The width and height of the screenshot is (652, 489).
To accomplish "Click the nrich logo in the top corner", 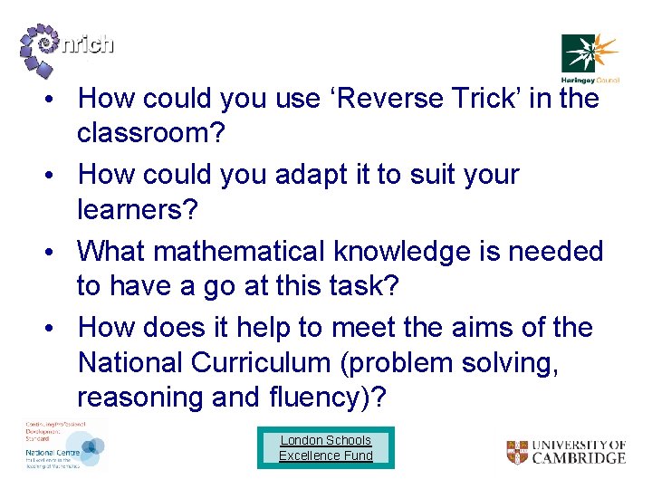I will (x=65, y=46).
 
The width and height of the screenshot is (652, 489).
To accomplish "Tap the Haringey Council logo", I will (x=590, y=56).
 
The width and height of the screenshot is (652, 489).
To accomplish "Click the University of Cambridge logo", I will (x=566, y=452).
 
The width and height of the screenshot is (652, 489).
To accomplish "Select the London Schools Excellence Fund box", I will (x=326, y=448).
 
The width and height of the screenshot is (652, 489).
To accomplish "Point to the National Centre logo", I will (x=64, y=446).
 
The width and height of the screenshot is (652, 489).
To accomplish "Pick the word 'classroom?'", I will (x=156, y=133).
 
